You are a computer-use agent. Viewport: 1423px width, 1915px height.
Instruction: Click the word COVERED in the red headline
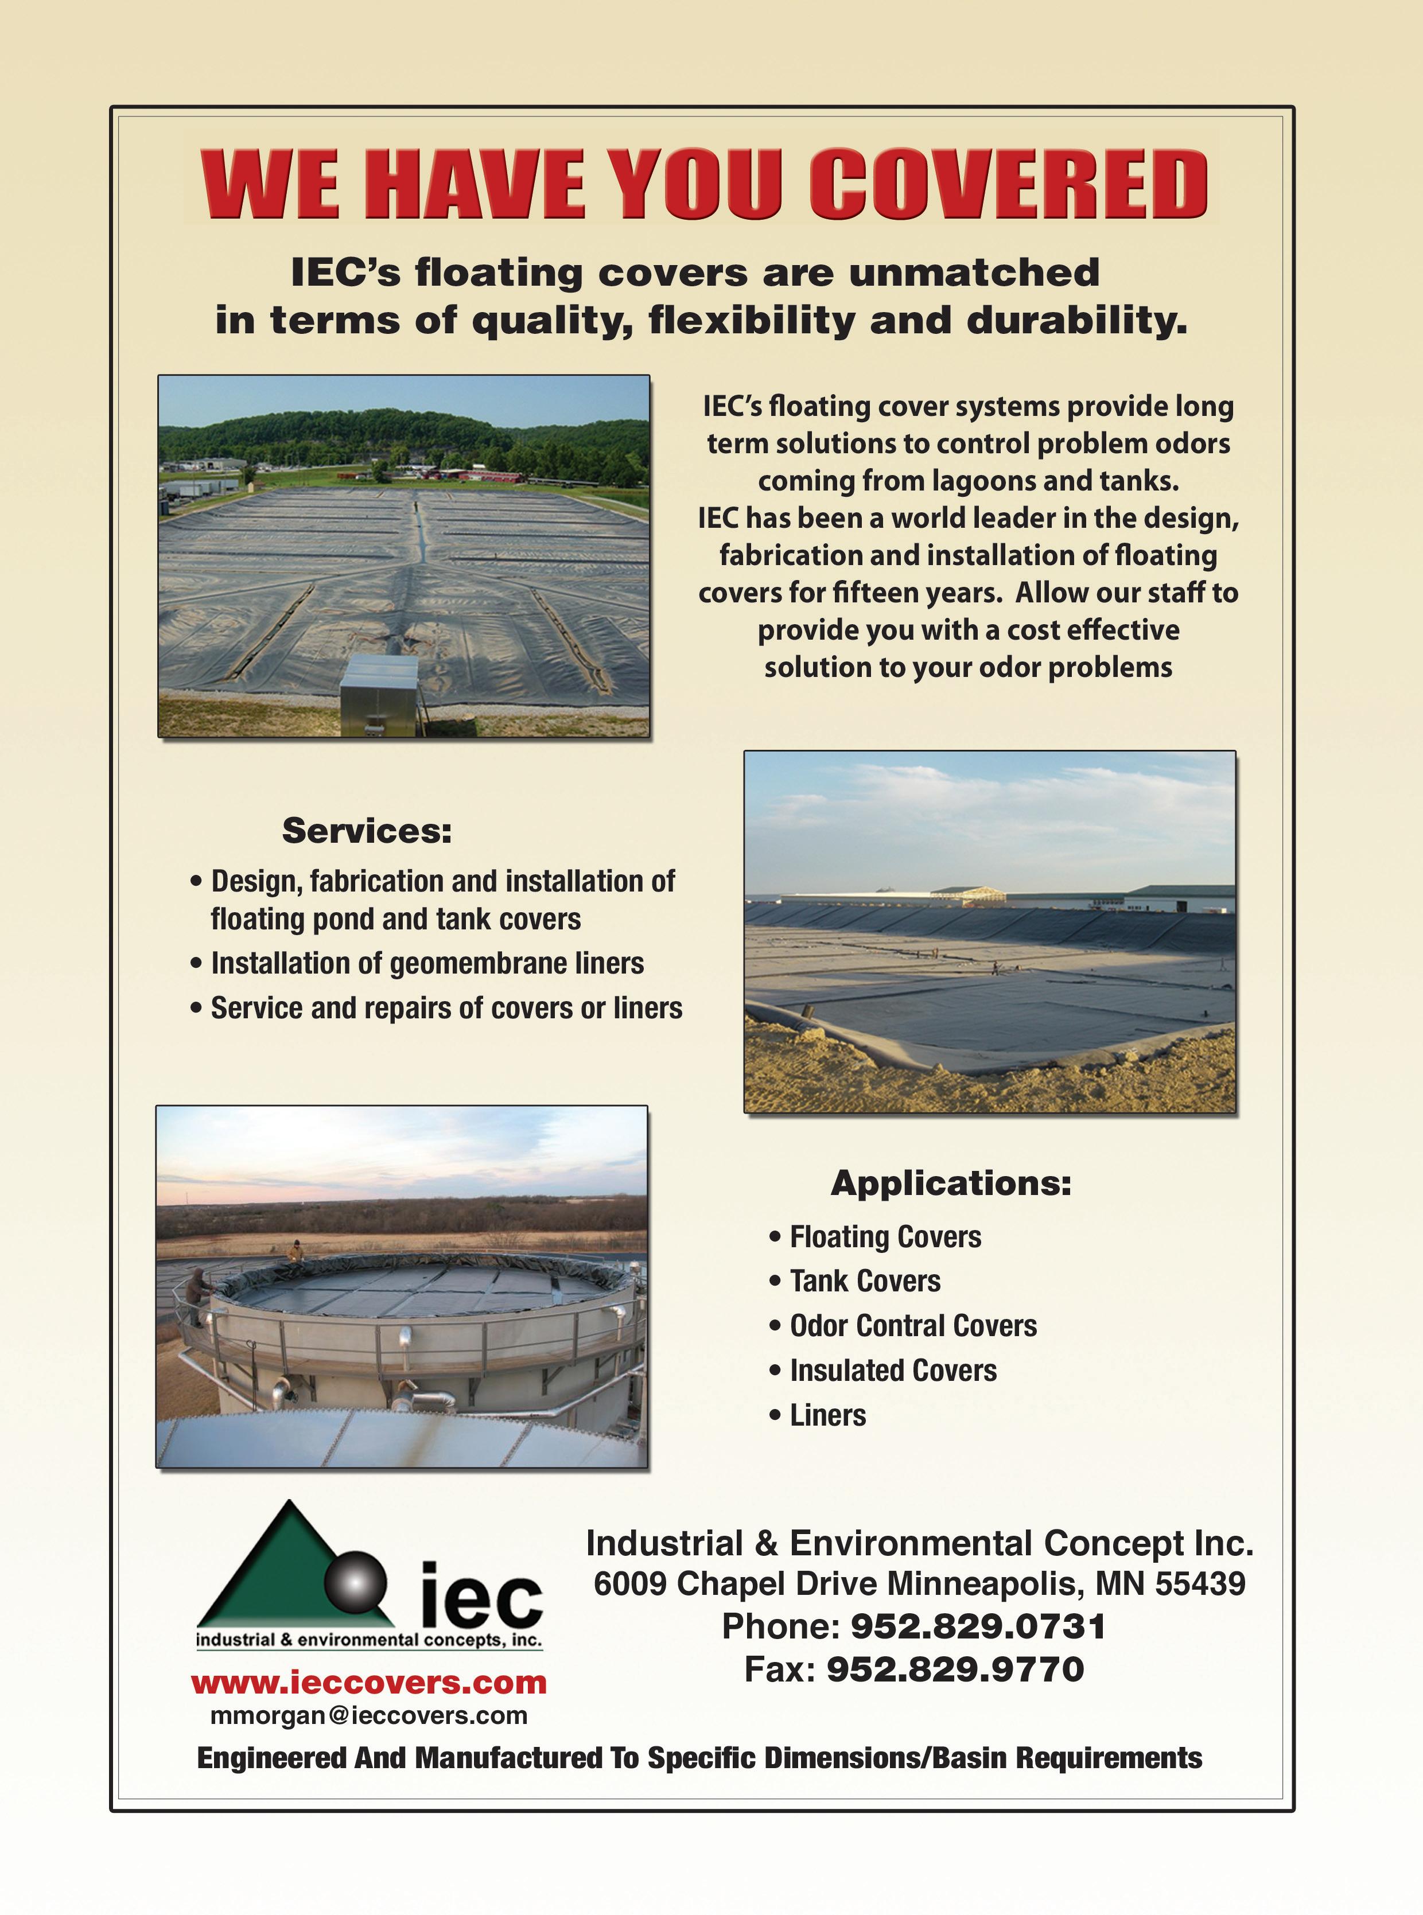[1007, 184]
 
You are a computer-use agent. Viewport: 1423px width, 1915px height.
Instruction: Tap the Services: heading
[367, 831]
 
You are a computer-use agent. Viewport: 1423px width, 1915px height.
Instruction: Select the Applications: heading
[951, 1183]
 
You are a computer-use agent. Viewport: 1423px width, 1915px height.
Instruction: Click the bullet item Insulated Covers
[892, 1370]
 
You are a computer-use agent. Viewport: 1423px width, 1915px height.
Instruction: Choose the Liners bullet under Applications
[827, 1415]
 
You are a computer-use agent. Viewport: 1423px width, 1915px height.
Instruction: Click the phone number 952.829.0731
[978, 1626]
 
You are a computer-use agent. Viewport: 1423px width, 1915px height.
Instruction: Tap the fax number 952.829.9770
[954, 1669]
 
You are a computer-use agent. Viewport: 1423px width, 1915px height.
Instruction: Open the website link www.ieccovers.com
[369, 1682]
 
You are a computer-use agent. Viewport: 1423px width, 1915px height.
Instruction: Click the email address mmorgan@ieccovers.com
[369, 1715]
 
